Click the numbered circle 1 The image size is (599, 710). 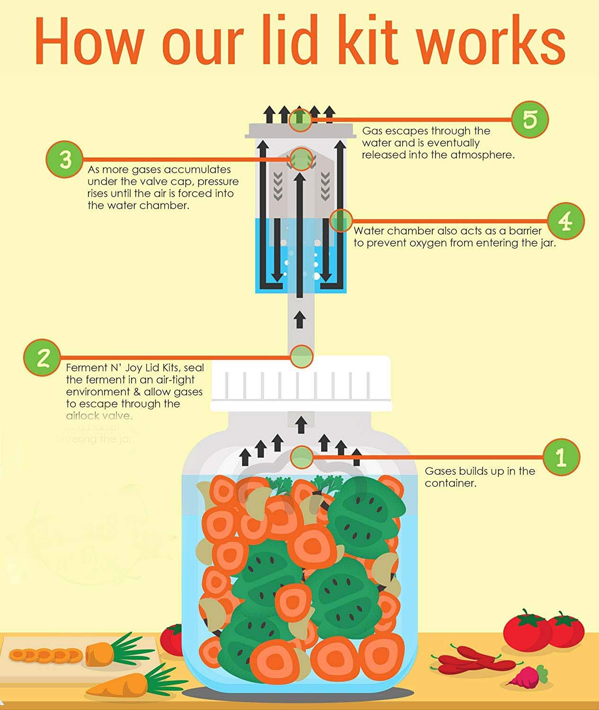(561, 457)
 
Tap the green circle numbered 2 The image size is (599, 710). (42, 357)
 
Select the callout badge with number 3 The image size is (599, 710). (65, 159)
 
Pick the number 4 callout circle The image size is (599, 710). (566, 221)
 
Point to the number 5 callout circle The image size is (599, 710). (530, 119)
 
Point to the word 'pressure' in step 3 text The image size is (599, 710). (218, 182)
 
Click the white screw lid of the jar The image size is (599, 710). (301, 383)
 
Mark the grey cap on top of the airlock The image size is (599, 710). (300, 130)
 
